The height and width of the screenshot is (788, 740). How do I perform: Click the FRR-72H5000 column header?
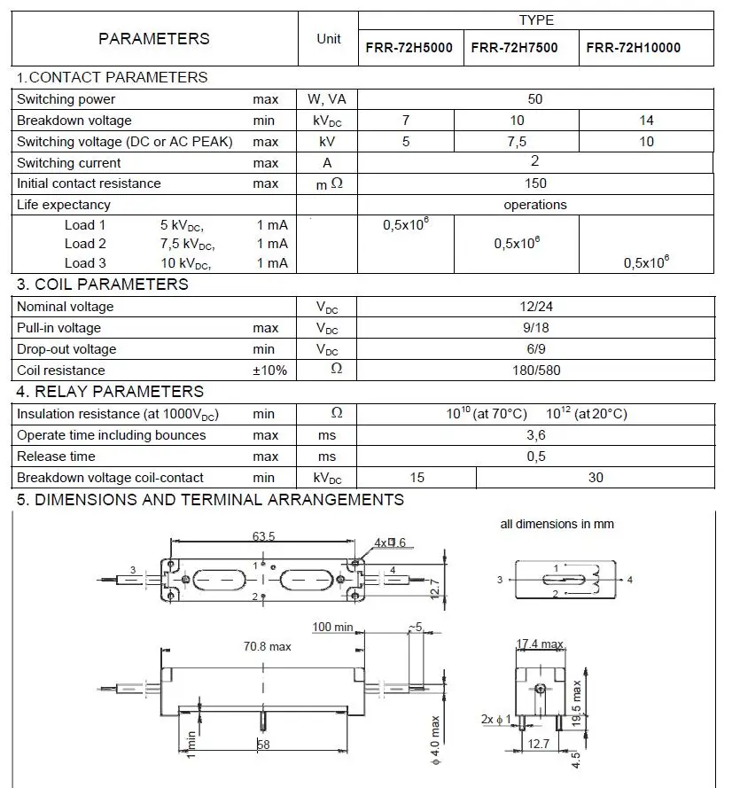[x=409, y=48]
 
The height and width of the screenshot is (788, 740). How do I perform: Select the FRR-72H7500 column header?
[x=514, y=48]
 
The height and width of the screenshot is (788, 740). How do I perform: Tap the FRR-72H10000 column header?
[x=635, y=48]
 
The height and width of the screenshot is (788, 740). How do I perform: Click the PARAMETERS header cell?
[x=154, y=39]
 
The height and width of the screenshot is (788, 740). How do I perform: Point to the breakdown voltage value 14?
[x=646, y=121]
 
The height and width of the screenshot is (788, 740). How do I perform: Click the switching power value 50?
[x=534, y=99]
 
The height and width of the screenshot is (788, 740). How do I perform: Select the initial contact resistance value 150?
[x=535, y=183]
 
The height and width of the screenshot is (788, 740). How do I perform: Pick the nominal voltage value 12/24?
[x=535, y=307]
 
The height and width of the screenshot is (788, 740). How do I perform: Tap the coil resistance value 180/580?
[x=535, y=371]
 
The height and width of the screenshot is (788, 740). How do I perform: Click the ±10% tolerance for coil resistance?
[x=269, y=371]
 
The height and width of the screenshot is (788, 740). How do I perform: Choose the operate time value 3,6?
[x=535, y=435]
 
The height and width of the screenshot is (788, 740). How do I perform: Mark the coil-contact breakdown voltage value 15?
[x=417, y=478]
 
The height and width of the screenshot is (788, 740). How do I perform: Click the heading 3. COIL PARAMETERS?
[x=103, y=285]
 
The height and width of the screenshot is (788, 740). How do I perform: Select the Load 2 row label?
[x=85, y=244]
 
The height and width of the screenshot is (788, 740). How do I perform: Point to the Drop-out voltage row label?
[x=66, y=349]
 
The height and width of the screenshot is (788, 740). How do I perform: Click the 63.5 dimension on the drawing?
[x=263, y=536]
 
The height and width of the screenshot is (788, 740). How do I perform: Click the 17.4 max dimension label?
[x=540, y=644]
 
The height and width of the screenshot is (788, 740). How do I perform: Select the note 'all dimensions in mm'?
[x=557, y=524]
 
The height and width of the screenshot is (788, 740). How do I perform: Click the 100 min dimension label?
[x=333, y=628]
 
